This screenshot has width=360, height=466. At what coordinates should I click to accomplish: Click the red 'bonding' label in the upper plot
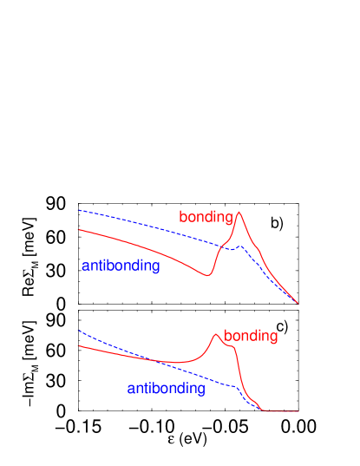pyautogui.click(x=206, y=217)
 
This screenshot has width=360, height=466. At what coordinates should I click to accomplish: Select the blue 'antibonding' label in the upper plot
pyautogui.click(x=121, y=266)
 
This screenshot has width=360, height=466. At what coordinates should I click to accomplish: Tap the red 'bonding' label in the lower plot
pyautogui.click(x=251, y=336)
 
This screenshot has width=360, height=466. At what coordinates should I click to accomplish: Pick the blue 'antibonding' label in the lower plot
pyautogui.click(x=166, y=389)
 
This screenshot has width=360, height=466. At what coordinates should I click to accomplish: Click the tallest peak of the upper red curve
pyautogui.click(x=239, y=212)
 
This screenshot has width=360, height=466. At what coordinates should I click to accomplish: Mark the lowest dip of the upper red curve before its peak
pyautogui.click(x=206, y=275)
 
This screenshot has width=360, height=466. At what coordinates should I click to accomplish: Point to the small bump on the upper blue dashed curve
pyautogui.click(x=242, y=246)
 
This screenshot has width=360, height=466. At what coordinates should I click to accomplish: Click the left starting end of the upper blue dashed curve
pyautogui.click(x=79, y=210)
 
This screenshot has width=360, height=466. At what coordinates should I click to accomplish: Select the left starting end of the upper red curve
pyautogui.click(x=79, y=230)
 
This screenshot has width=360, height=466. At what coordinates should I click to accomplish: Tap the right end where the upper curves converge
pyautogui.click(x=298, y=304)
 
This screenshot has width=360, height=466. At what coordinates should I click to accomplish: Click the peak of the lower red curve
pyautogui.click(x=215, y=334)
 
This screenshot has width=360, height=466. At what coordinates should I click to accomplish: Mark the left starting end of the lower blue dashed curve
pyautogui.click(x=79, y=330)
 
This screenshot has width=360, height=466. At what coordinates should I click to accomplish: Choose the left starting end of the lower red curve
pyautogui.click(x=79, y=345)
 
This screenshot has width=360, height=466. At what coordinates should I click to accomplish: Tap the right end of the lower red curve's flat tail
pyautogui.click(x=299, y=411)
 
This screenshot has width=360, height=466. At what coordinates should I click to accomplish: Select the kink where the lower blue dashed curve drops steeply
pyautogui.click(x=236, y=387)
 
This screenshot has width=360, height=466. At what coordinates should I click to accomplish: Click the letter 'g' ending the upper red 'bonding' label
pyautogui.click(x=229, y=218)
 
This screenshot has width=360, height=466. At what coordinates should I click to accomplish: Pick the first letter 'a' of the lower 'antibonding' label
pyautogui.click(x=131, y=389)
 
